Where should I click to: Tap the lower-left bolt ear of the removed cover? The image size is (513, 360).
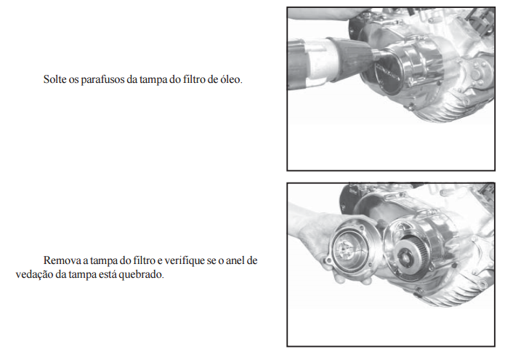pos(329,263)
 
